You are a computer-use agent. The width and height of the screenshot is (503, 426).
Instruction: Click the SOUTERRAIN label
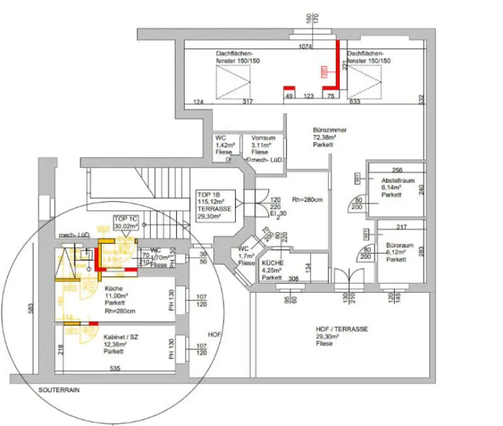59,390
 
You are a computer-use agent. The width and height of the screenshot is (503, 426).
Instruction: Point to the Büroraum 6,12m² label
399,252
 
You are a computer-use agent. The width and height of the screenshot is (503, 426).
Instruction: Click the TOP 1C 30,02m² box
125,223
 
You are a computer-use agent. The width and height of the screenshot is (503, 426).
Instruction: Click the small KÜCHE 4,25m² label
272,270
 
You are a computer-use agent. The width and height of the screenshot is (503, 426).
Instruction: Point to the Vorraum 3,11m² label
263,145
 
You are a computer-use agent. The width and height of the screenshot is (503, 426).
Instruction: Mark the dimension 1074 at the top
307,46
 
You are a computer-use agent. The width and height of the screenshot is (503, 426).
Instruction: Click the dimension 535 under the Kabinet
114,368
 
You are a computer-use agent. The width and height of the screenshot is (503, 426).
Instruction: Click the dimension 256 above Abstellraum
397,170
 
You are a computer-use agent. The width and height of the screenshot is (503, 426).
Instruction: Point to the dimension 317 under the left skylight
248,102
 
